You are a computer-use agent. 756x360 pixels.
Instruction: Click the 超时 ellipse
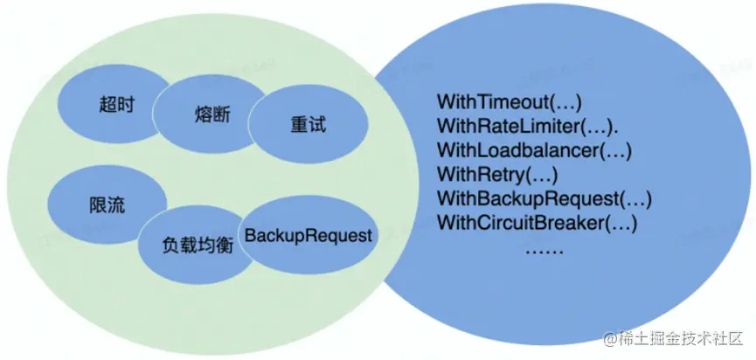(x=112, y=105)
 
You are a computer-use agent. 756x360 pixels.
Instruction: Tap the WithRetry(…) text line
(x=496, y=174)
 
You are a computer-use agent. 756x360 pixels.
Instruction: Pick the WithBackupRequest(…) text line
(x=544, y=198)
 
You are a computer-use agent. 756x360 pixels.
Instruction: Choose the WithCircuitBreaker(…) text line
(x=537, y=223)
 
